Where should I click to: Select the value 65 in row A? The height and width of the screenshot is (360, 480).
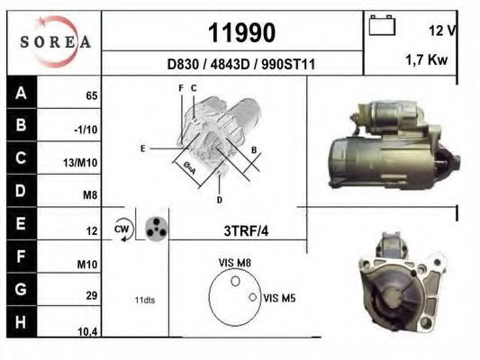coord(91,94)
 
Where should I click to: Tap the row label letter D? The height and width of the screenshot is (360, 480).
coord(21,191)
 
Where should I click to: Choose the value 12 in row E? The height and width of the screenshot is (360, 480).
coord(91,231)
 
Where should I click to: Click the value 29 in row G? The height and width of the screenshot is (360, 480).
coord(91,294)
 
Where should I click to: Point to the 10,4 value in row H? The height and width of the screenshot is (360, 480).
coord(87,332)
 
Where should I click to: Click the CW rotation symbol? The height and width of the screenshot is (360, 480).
coord(122,229)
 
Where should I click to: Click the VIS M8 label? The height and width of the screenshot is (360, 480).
coord(235,262)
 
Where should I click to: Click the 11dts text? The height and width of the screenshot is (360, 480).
coord(144,300)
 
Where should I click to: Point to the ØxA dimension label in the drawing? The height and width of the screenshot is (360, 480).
coord(189,167)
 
